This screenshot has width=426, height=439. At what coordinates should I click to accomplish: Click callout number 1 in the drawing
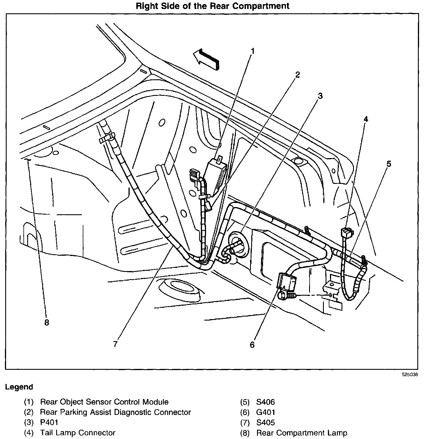(x=252, y=52)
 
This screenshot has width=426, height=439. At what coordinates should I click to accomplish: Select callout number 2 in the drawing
(x=297, y=75)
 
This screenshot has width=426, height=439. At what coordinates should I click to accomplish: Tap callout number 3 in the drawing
(x=320, y=96)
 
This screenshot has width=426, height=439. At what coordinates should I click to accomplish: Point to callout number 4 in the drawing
(x=366, y=119)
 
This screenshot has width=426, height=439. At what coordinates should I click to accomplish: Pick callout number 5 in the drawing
(x=389, y=164)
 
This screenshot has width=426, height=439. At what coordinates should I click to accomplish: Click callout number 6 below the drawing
(x=252, y=345)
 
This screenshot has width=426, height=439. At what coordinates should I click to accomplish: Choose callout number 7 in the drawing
(x=115, y=344)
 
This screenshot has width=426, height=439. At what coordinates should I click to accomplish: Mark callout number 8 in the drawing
(x=47, y=323)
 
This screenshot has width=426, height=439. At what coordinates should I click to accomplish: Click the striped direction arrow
(x=207, y=59)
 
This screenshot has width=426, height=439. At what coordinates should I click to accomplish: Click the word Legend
(x=19, y=387)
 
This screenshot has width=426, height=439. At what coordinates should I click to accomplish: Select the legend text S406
(x=265, y=402)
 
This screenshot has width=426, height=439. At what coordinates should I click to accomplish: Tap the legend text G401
(x=266, y=412)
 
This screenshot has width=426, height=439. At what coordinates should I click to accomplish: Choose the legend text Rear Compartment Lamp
(x=302, y=433)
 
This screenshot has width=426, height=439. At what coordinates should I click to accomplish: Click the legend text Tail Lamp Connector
(x=78, y=433)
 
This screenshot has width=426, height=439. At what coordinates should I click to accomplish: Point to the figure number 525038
(x=410, y=374)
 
